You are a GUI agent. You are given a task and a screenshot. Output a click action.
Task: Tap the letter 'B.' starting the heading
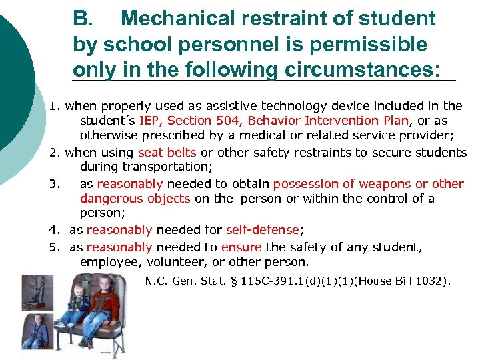[83, 19]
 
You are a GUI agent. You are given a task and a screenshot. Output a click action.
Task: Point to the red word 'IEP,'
[153, 121]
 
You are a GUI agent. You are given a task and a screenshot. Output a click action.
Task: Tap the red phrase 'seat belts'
[167, 153]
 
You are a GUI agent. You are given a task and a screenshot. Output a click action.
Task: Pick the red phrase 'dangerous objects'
[135, 199]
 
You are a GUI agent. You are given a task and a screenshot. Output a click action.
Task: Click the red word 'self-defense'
[263, 230]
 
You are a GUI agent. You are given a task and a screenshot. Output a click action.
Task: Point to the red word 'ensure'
[241, 247]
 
